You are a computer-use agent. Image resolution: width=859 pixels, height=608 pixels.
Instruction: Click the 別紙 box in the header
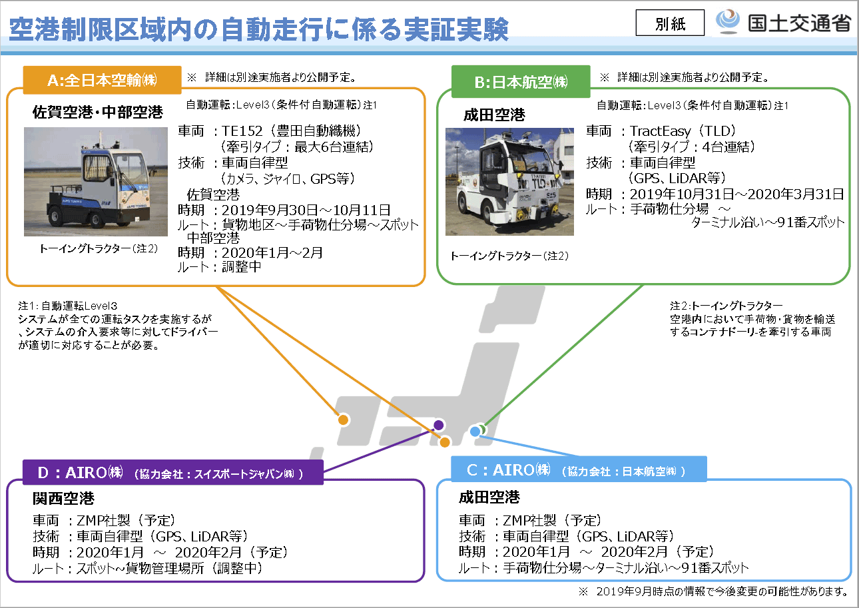point(670,24)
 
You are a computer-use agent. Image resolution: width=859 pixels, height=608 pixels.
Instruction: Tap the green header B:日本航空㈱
point(521,82)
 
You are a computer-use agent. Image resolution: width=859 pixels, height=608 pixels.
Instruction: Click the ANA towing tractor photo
point(96,182)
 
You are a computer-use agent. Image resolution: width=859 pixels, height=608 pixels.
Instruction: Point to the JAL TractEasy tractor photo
point(509,181)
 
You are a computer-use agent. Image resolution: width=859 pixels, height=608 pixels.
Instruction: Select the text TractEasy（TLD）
point(683,131)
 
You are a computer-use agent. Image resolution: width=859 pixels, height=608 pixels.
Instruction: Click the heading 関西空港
point(64,498)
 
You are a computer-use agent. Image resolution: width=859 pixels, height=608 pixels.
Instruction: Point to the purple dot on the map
point(438,425)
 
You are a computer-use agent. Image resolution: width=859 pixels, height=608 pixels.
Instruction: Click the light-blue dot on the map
point(475,432)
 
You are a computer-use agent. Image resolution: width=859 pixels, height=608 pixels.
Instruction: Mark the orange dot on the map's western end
point(343,420)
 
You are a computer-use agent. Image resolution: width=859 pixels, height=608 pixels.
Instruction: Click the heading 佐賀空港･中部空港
point(98,113)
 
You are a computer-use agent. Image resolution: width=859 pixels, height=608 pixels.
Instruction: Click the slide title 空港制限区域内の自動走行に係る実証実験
point(259,28)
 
